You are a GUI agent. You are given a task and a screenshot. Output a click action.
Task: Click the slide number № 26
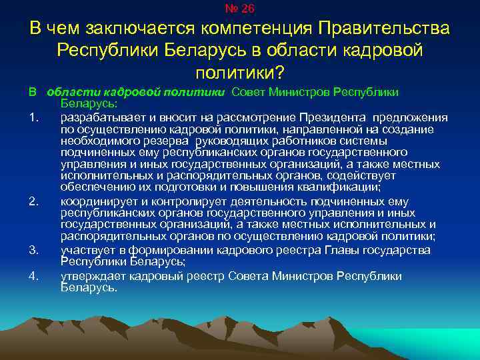tap(240, 9)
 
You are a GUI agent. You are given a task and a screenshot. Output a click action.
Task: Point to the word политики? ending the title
tap(240, 71)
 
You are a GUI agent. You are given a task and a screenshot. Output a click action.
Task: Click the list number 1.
tap(33, 118)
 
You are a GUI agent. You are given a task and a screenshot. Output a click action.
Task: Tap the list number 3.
tap(33, 250)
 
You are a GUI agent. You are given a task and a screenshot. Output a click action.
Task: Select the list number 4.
tap(33, 275)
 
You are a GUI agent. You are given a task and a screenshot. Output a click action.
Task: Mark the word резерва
tap(168, 141)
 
